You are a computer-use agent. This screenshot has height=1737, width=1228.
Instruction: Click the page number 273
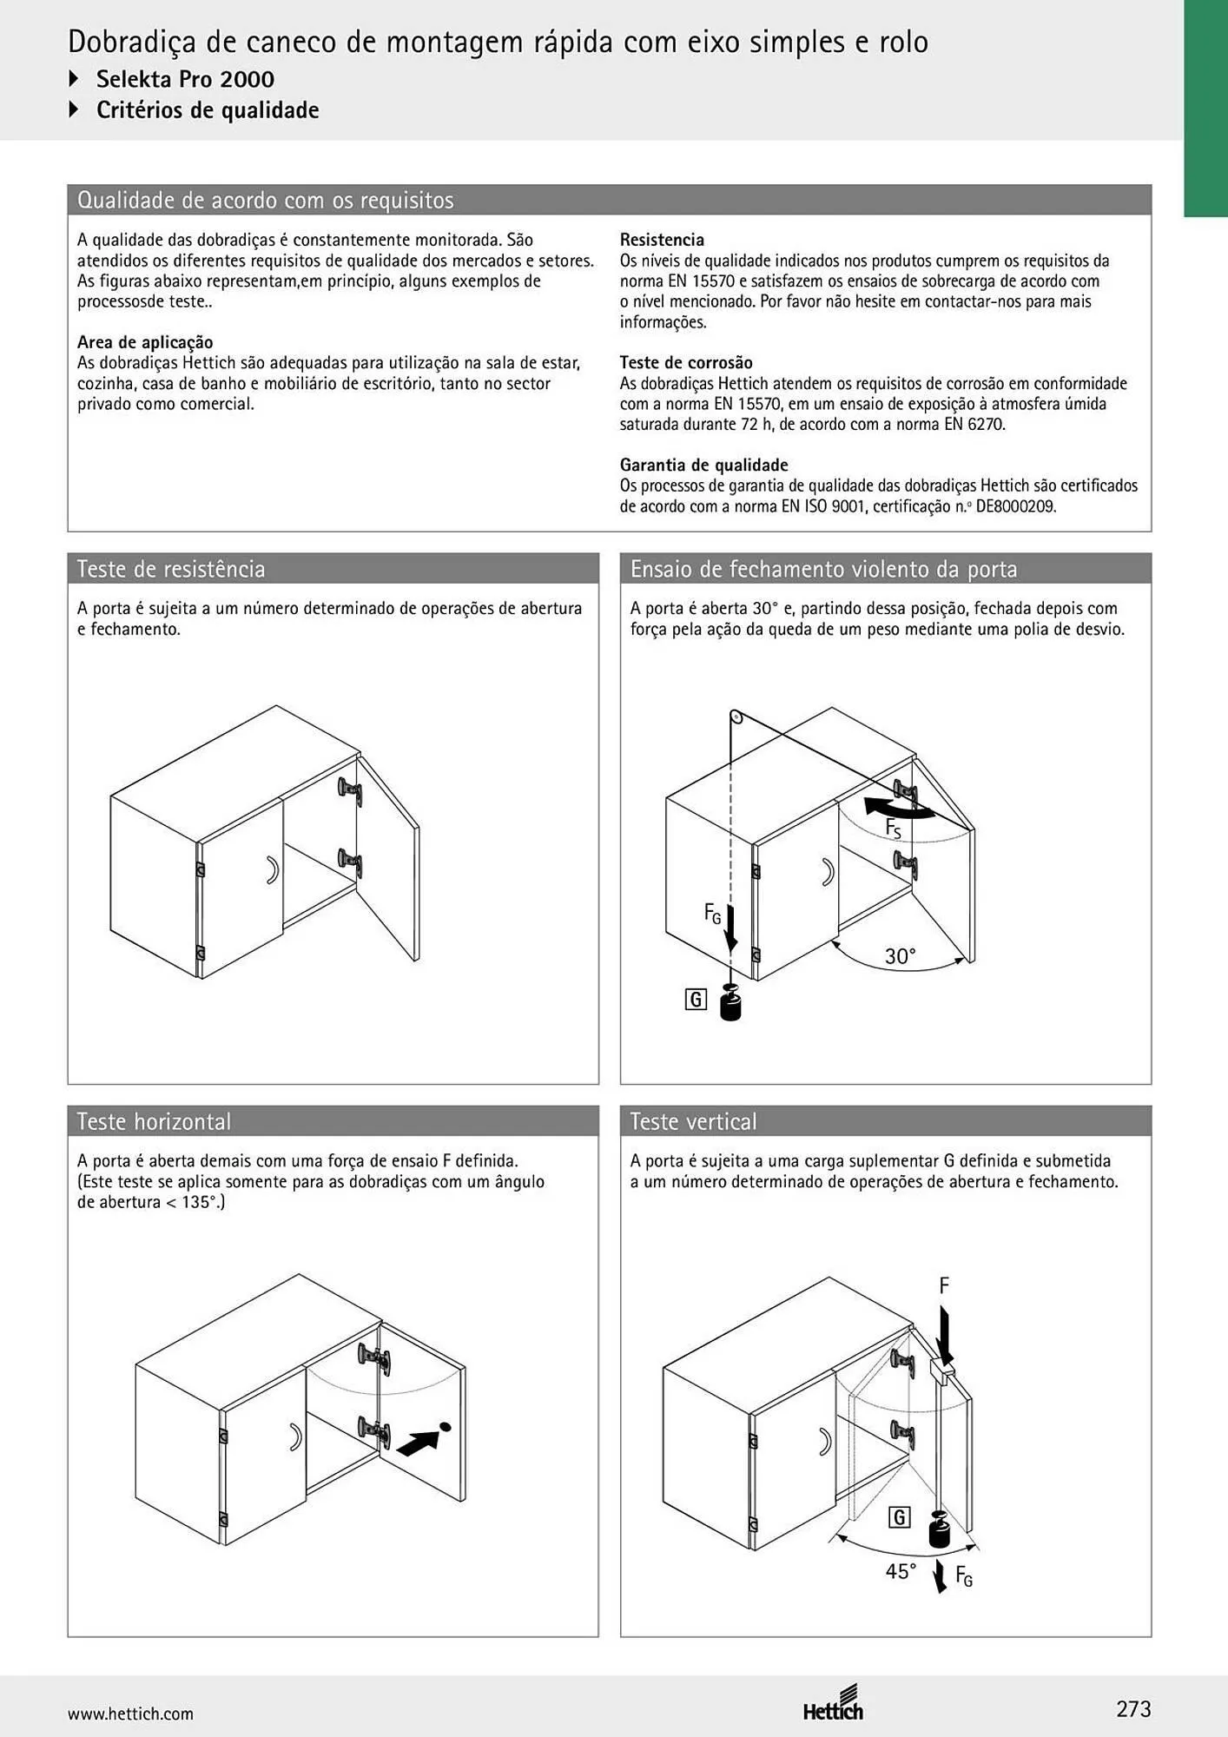1133,1709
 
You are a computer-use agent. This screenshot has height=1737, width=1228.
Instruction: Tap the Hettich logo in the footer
833,1703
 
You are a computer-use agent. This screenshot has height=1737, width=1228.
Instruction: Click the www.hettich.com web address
130,1714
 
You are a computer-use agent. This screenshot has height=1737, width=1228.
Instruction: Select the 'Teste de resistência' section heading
171,569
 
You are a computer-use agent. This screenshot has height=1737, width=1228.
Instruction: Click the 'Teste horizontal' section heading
154,1121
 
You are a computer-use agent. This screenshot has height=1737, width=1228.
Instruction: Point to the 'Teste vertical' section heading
693,1121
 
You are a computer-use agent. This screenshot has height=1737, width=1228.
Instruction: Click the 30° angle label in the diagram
901,956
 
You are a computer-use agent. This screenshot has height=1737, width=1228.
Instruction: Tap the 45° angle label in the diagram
901,1571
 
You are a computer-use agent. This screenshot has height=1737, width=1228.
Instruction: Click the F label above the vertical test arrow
944,1285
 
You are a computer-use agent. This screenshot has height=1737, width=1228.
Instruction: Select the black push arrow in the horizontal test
419,1443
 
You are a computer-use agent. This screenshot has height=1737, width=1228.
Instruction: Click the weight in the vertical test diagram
941,1529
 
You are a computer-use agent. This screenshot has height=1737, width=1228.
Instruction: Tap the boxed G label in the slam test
696,1000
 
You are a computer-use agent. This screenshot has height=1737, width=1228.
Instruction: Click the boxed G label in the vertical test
900,1517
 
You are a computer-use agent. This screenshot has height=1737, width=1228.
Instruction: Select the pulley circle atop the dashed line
736,717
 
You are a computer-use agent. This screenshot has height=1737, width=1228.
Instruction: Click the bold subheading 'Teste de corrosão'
686,363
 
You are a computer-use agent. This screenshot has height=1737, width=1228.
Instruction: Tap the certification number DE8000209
1016,506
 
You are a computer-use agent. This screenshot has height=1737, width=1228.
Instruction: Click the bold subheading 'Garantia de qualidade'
704,466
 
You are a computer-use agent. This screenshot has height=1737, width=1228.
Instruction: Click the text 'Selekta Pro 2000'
185,79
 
